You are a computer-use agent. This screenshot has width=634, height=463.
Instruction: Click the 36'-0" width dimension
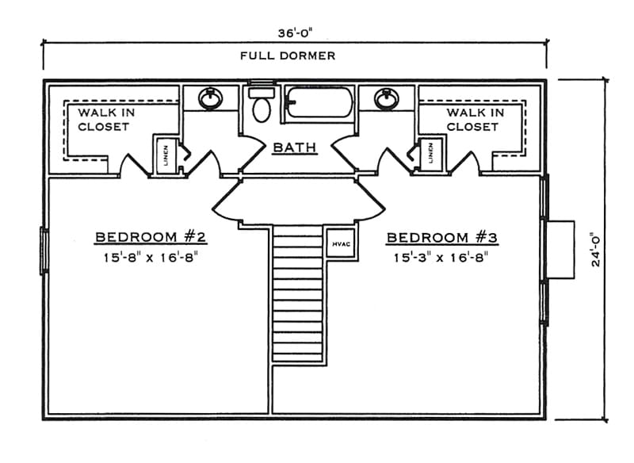coord(294,33)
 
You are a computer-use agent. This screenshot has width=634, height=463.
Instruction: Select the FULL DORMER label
coord(288,55)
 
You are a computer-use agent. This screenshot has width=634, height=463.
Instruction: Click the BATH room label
coord(295,147)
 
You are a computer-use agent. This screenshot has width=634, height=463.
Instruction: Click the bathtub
coord(317,103)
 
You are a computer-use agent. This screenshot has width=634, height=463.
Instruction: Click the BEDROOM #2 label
coord(151,237)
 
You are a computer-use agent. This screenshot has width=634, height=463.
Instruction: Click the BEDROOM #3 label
coord(439,237)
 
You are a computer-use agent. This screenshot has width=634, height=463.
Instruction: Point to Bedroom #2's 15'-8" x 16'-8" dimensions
coord(151,257)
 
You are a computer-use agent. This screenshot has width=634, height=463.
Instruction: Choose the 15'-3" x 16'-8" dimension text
coord(439,257)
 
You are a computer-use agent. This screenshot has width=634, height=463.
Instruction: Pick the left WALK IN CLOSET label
coord(104,120)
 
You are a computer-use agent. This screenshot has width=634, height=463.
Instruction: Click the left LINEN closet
coord(164,155)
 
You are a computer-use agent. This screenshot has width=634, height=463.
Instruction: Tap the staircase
coord(300,293)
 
